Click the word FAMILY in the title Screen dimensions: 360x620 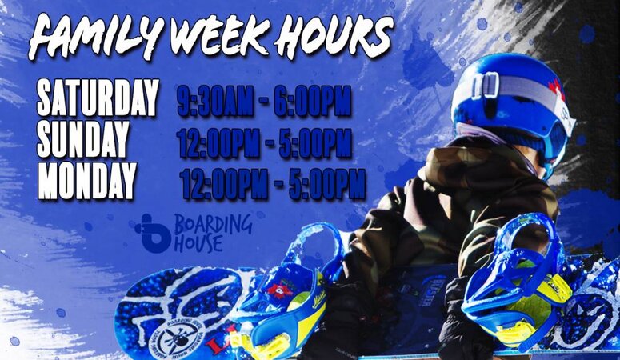click(86, 37)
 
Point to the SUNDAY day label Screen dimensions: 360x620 click(83, 141)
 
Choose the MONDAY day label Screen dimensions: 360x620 click(87, 181)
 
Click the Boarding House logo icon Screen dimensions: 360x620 click(152, 233)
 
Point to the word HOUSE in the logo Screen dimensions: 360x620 click(198, 243)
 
